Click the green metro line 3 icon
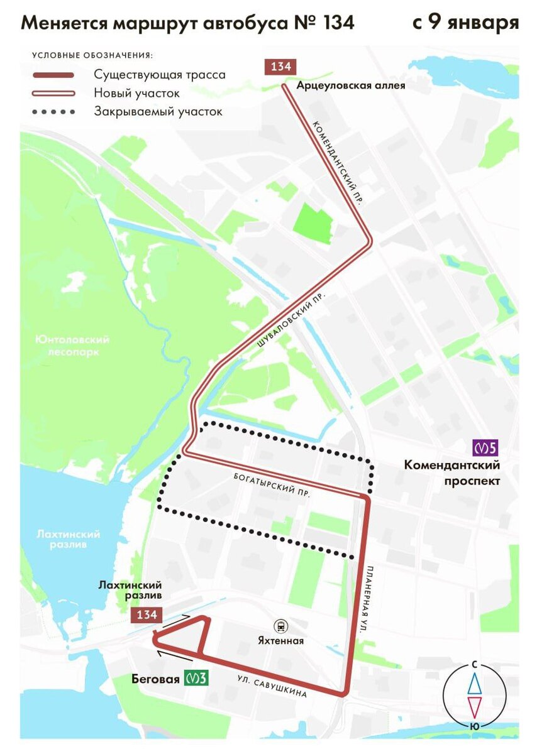pos(196,678)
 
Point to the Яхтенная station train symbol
pos(280,626)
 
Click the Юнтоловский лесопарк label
pos(72,346)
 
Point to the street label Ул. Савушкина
pos(272,687)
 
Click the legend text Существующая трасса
pos(160,75)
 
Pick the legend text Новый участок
pos(137,93)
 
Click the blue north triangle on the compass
pos(475,682)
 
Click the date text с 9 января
pos(465,23)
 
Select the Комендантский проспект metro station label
pos(452,473)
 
